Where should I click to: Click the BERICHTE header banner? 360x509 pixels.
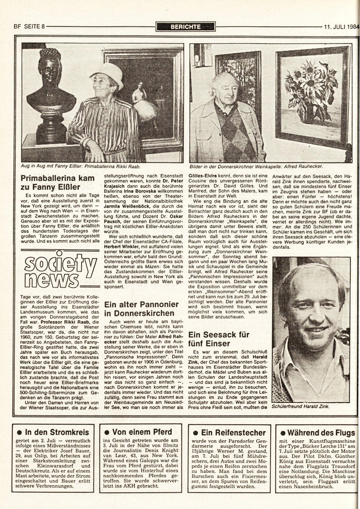point(185,27)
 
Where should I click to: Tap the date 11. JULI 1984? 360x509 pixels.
point(341,27)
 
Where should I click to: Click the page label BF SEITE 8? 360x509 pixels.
point(29,27)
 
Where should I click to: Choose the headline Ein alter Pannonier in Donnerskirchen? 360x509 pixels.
point(142,309)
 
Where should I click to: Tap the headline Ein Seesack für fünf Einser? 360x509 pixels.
point(219,339)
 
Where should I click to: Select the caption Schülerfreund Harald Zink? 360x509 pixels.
point(301,407)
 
